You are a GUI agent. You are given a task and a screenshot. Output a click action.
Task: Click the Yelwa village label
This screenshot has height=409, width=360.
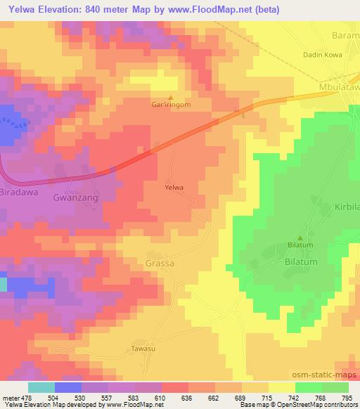[x=174, y=188]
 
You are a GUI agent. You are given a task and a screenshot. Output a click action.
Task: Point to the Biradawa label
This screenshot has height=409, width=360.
[x=21, y=191]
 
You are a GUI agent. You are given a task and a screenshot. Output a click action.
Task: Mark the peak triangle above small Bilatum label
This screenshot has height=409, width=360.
[x=302, y=237]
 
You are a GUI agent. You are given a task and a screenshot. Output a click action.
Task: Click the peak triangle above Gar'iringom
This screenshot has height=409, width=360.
[x=171, y=97]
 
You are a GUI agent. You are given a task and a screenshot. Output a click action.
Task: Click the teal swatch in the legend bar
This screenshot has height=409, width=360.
[x=41, y=387]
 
